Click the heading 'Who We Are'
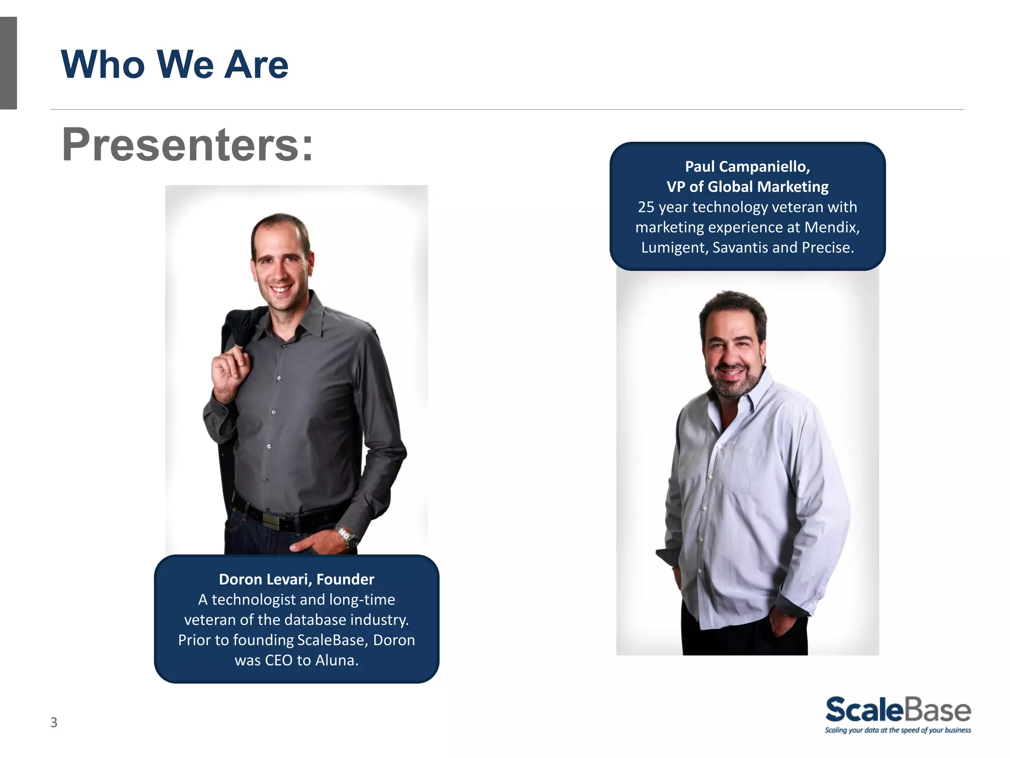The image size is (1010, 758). pyautogui.click(x=175, y=65)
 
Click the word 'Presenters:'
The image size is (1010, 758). pyautogui.click(x=187, y=145)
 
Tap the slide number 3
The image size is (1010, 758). pyautogui.click(x=54, y=722)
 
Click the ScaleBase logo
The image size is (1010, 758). pyautogui.click(x=898, y=710)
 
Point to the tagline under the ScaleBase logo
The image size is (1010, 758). pyautogui.click(x=898, y=730)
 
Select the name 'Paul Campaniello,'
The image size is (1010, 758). pyautogui.click(x=747, y=167)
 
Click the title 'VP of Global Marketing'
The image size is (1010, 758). pyautogui.click(x=747, y=187)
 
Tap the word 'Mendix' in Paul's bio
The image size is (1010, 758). pyautogui.click(x=831, y=227)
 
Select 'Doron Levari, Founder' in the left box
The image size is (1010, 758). pyautogui.click(x=296, y=579)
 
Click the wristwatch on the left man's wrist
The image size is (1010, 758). pyautogui.click(x=347, y=536)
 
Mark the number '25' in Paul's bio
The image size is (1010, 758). pyautogui.click(x=646, y=207)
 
